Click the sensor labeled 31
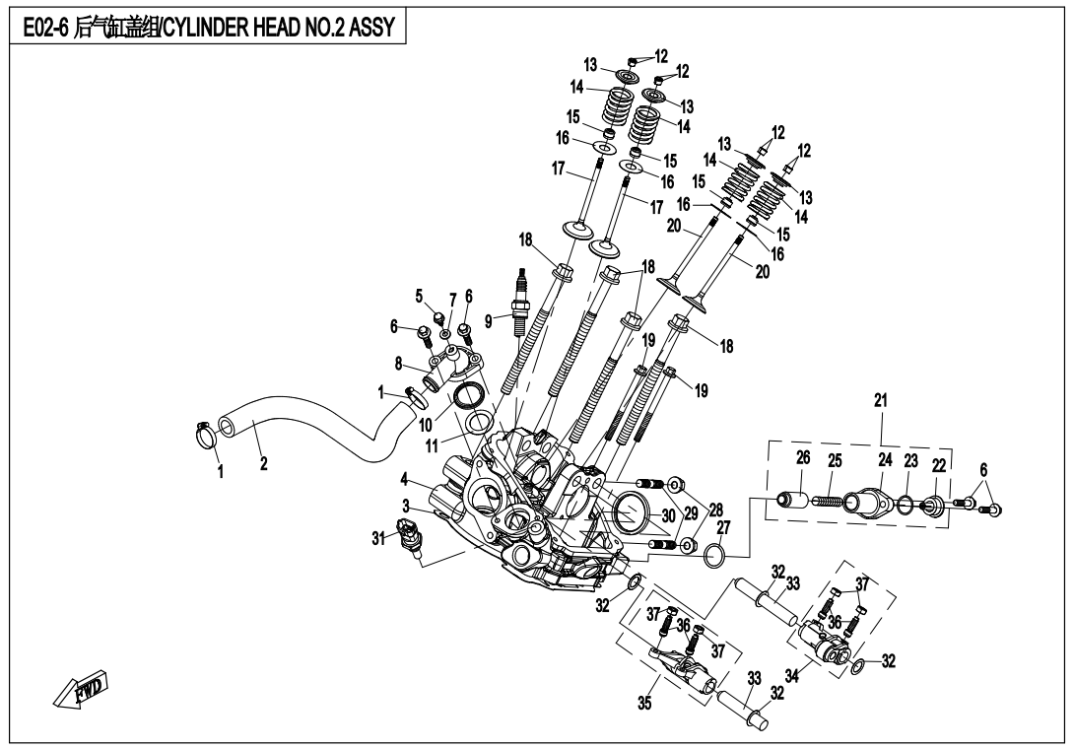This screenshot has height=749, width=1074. (x=408, y=539)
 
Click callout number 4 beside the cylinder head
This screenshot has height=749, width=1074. (x=405, y=480)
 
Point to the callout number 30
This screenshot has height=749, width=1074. (x=667, y=515)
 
